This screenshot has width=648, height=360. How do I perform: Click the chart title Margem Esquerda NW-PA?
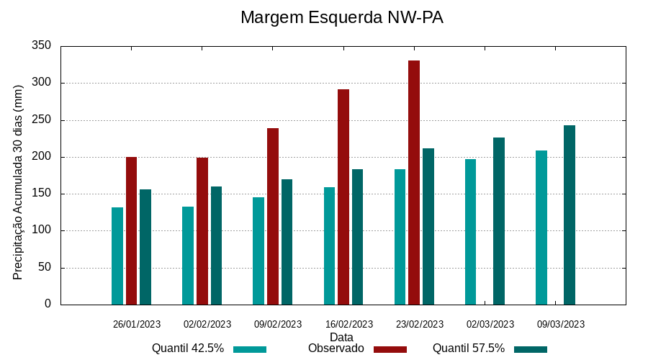[x=341, y=17]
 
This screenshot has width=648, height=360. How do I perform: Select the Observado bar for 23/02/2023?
[x=414, y=182]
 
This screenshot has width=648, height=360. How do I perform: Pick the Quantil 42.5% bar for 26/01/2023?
[x=117, y=256]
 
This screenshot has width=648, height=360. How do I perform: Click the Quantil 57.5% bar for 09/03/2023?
[x=570, y=215]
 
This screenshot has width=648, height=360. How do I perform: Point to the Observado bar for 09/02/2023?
[x=273, y=216]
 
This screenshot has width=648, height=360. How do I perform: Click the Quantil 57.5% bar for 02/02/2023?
[x=216, y=246]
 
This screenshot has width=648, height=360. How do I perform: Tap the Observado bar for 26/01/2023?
[x=131, y=230]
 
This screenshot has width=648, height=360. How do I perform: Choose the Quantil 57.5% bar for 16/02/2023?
[x=358, y=237]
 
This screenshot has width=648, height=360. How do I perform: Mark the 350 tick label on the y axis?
[x=42, y=46]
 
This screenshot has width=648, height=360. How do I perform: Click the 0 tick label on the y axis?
[x=48, y=305]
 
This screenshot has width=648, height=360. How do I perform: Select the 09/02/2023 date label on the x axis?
[x=278, y=325]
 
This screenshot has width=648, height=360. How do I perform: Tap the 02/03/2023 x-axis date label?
[x=490, y=325]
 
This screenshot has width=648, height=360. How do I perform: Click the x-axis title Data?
[x=341, y=337]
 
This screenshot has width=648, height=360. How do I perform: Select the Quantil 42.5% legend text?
[x=188, y=348]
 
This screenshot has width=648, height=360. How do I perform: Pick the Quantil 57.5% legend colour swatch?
[x=531, y=349]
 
